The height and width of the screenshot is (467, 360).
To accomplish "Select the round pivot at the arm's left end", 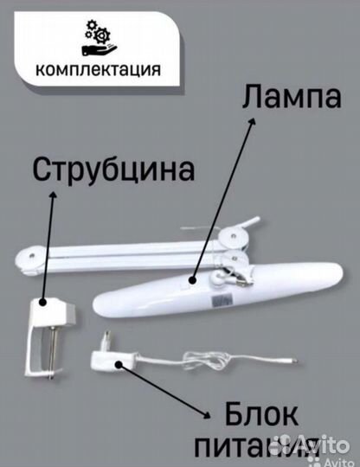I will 25,258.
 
